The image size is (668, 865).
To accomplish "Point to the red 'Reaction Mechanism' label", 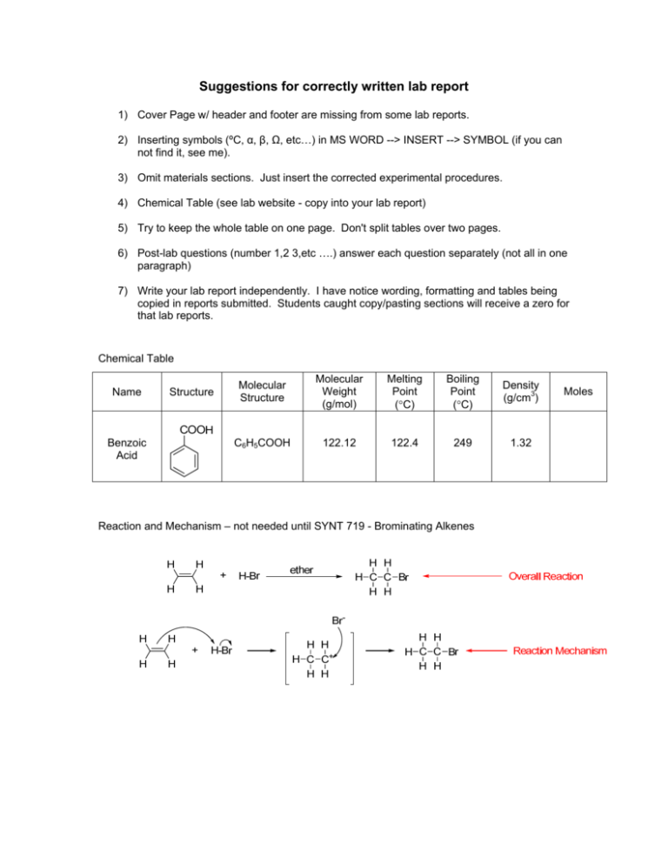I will tap(560, 650).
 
